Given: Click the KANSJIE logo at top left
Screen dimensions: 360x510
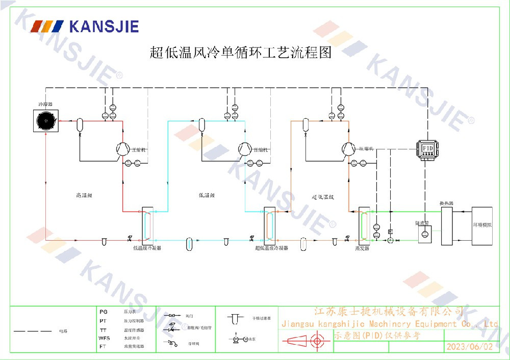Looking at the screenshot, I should (x=85, y=26).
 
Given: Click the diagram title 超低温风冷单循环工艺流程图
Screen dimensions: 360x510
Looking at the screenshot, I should (x=240, y=52).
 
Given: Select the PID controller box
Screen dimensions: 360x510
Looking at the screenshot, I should (x=427, y=147).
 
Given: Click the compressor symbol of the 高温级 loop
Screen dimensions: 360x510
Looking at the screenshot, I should (x=122, y=148).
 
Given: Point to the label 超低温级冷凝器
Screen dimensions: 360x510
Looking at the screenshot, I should (x=271, y=248).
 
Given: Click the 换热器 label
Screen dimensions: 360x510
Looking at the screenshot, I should (x=447, y=203).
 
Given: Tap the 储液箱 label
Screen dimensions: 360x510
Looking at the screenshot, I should (x=421, y=223).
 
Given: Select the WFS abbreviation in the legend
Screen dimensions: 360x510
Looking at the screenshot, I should (x=104, y=338).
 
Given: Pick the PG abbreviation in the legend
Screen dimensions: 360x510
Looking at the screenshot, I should (x=104, y=311).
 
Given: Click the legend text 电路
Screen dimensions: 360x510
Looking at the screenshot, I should (x=63, y=331).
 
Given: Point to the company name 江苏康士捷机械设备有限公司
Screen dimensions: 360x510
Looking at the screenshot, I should (x=389, y=311).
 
